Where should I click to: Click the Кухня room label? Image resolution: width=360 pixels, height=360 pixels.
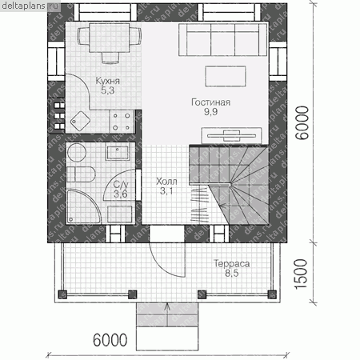point(107,81)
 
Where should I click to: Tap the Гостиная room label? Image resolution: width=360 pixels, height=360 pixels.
point(210,102)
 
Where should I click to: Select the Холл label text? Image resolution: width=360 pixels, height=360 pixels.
point(166,182)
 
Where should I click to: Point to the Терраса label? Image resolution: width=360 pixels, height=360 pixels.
point(232,263)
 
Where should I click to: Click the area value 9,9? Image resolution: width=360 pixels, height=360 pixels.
point(210,112)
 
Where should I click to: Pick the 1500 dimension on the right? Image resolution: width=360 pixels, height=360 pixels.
point(301,274)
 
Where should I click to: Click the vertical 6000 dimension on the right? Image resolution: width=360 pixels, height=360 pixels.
point(302,122)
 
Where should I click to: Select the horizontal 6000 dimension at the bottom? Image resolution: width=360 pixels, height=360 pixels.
point(110,340)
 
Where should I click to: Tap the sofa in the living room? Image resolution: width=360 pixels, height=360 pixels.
point(223,40)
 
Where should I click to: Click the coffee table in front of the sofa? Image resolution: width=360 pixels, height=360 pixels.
point(226,76)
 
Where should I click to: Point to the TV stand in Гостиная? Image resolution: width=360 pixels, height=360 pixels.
point(231,135)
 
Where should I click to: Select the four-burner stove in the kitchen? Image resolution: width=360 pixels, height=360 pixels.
point(122,122)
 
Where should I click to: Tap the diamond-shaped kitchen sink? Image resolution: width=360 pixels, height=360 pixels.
point(80,122)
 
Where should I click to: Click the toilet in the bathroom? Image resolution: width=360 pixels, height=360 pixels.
point(81,174)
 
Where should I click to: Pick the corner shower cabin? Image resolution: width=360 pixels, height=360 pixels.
point(83,206)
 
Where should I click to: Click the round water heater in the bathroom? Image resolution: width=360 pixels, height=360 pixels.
point(77,153)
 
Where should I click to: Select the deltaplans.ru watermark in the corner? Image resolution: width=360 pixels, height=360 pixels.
point(30,6)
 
